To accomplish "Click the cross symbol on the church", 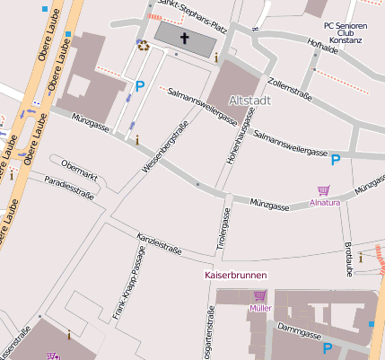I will click(186, 38).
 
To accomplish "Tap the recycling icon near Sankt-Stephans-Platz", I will click(143, 46).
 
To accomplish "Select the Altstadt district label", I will click(249, 100).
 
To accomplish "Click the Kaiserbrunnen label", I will click(236, 274).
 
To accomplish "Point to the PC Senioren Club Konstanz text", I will click(344, 33).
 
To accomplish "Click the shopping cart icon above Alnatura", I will click(324, 190).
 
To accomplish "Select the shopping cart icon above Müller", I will click(260, 295).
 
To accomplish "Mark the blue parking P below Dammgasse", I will click(328, 349).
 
